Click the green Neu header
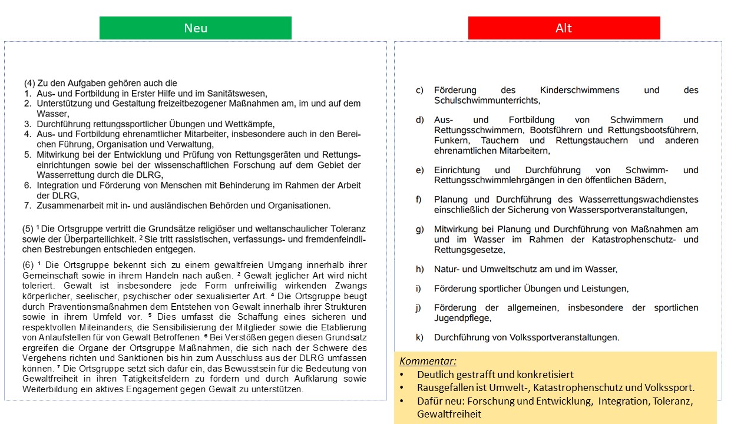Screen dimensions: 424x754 pyautogui.click(x=196, y=28)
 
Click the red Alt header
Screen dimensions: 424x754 pyautogui.click(x=564, y=28)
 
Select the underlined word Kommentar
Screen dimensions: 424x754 pyautogui.click(x=428, y=362)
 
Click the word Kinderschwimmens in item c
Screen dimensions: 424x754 pyautogui.click(x=580, y=90)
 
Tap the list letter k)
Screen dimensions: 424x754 pyautogui.click(x=419, y=337)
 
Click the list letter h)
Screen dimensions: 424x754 pyautogui.click(x=419, y=269)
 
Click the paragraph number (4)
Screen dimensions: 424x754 pyautogui.click(x=29, y=84)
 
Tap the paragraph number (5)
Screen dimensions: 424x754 pyautogui.click(x=28, y=228)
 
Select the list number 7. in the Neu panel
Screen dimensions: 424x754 pyautogui.click(x=28, y=206)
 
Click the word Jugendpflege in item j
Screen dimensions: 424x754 pyautogui.click(x=461, y=318)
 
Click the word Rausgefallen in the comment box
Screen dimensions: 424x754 pyautogui.click(x=444, y=387)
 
